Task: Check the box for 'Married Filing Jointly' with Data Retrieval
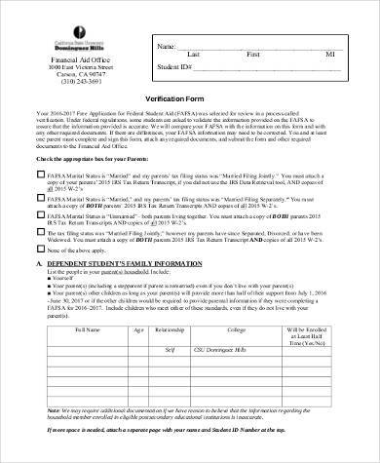point(39,170)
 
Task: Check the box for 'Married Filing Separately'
point(39,195)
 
